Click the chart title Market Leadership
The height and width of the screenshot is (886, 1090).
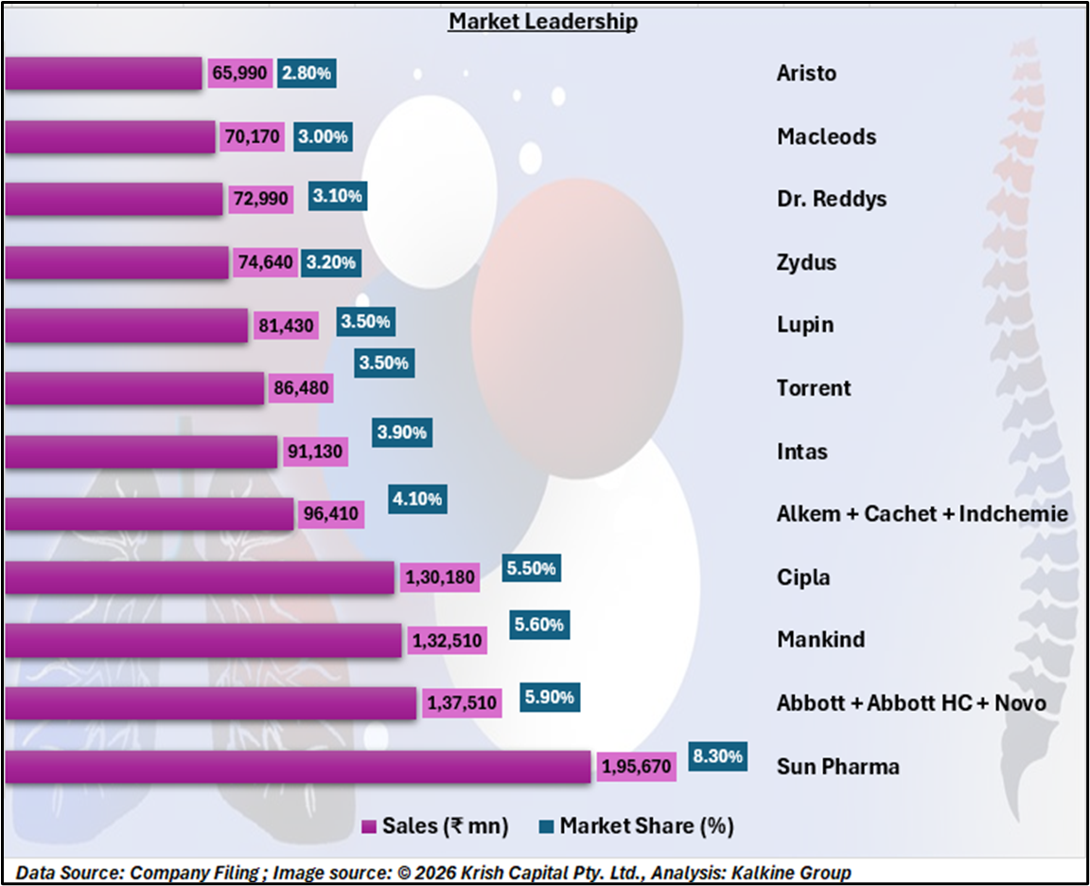tap(542, 21)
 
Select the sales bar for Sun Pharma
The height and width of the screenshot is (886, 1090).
tap(298, 767)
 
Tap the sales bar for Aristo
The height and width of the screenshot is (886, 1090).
tap(103, 73)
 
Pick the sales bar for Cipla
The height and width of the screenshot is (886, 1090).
tap(199, 577)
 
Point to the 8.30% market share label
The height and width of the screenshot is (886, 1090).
tap(717, 756)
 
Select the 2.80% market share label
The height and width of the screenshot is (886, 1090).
tap(308, 73)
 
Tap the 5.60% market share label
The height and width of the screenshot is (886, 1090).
tap(539, 624)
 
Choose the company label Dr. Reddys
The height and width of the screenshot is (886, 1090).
tap(832, 199)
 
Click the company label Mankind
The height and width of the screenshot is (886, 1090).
tap(820, 640)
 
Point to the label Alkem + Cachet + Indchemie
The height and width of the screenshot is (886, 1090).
tap(922, 514)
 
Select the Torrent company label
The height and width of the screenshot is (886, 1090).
tap(814, 388)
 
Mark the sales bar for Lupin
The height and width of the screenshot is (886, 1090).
tap(126, 326)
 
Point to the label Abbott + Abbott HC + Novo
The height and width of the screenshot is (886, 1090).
tap(911, 703)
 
